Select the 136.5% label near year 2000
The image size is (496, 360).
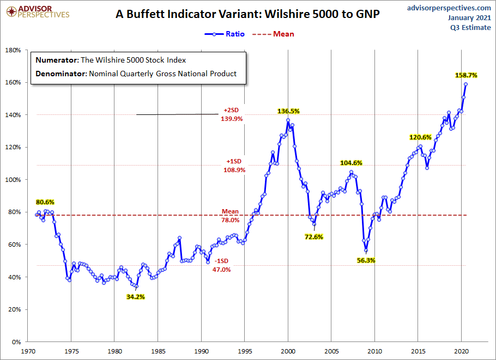tap(289, 111)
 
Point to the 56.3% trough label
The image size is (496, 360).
tap(366, 260)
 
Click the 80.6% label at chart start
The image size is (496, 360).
tap(45, 202)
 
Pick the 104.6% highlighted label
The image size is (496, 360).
tap(351, 163)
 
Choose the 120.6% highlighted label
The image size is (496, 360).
tap(420, 137)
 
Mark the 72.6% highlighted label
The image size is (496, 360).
tap(313, 237)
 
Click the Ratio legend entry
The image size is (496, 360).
tap(225, 34)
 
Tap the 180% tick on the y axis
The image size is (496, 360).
tap(13, 50)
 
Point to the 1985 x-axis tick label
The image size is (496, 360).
tap(158, 351)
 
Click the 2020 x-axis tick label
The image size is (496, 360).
tap(461, 351)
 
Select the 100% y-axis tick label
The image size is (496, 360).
tap(13, 180)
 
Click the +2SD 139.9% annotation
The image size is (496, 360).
tap(231, 115)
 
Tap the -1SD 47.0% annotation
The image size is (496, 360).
tap(221, 265)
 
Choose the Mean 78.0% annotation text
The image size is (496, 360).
tap(230, 216)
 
